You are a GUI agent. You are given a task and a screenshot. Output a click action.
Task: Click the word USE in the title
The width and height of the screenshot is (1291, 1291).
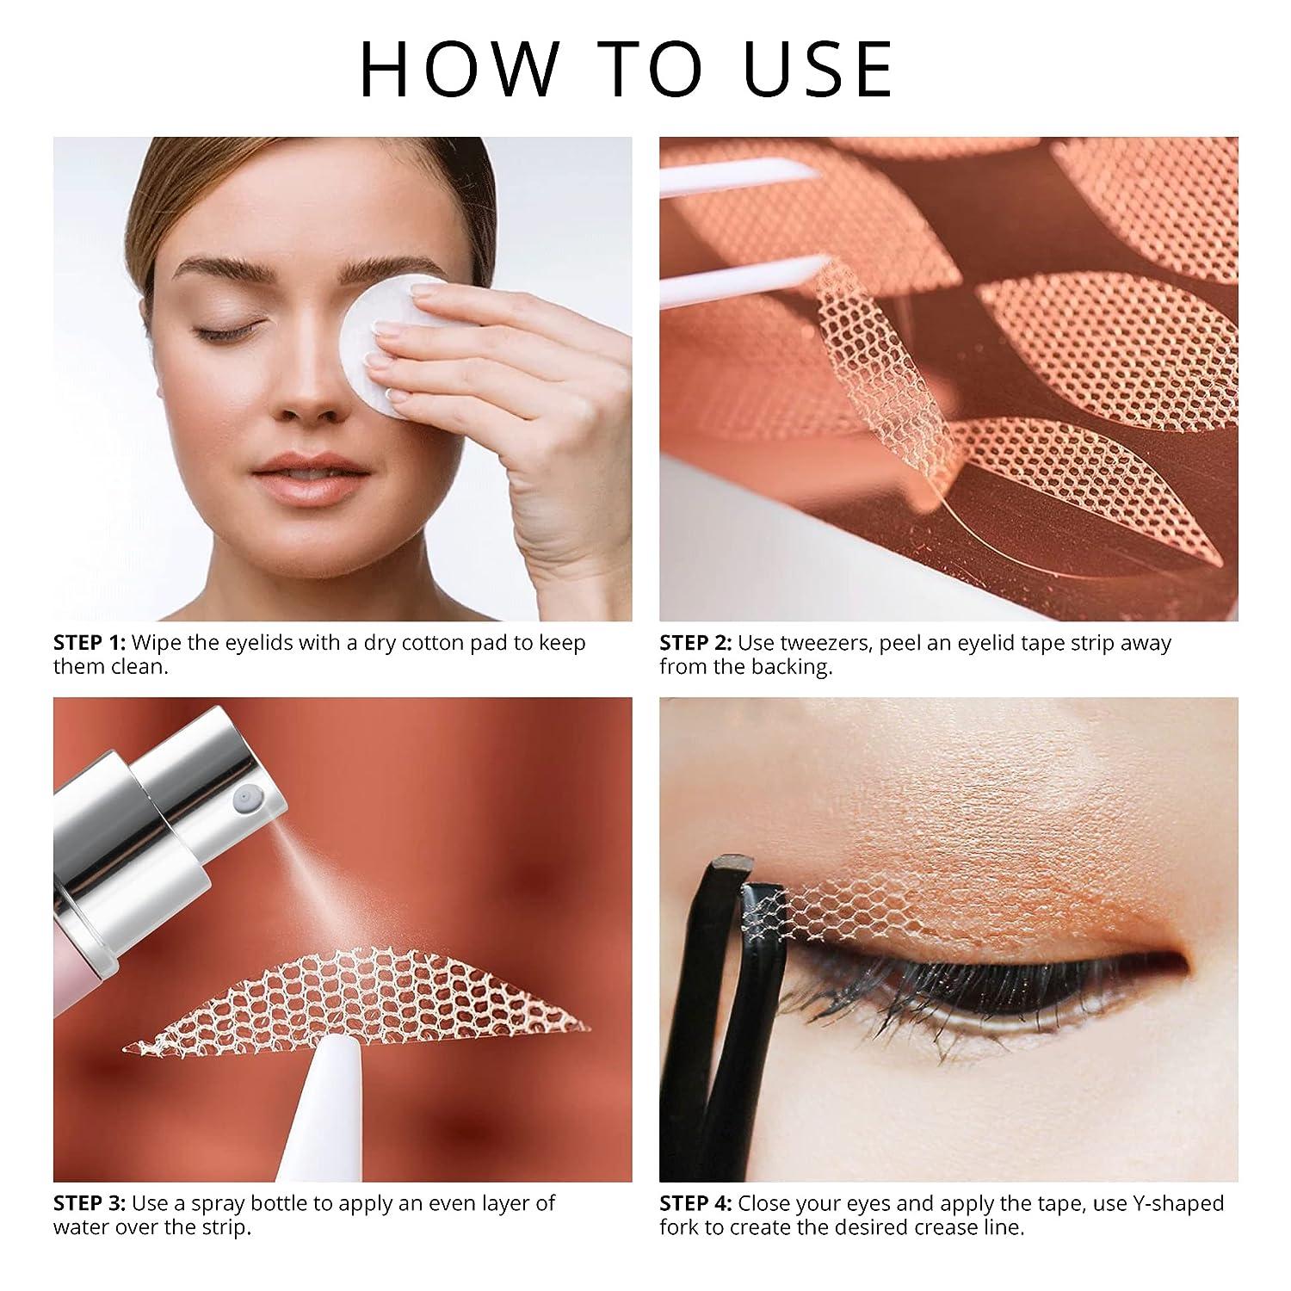pos(818,68)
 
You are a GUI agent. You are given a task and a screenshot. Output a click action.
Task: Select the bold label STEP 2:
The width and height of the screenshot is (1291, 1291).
pos(695,643)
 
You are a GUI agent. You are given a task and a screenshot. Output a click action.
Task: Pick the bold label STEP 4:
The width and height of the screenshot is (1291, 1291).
pos(695,1202)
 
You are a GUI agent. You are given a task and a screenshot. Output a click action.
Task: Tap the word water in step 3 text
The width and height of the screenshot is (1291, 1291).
pos(85,1226)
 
